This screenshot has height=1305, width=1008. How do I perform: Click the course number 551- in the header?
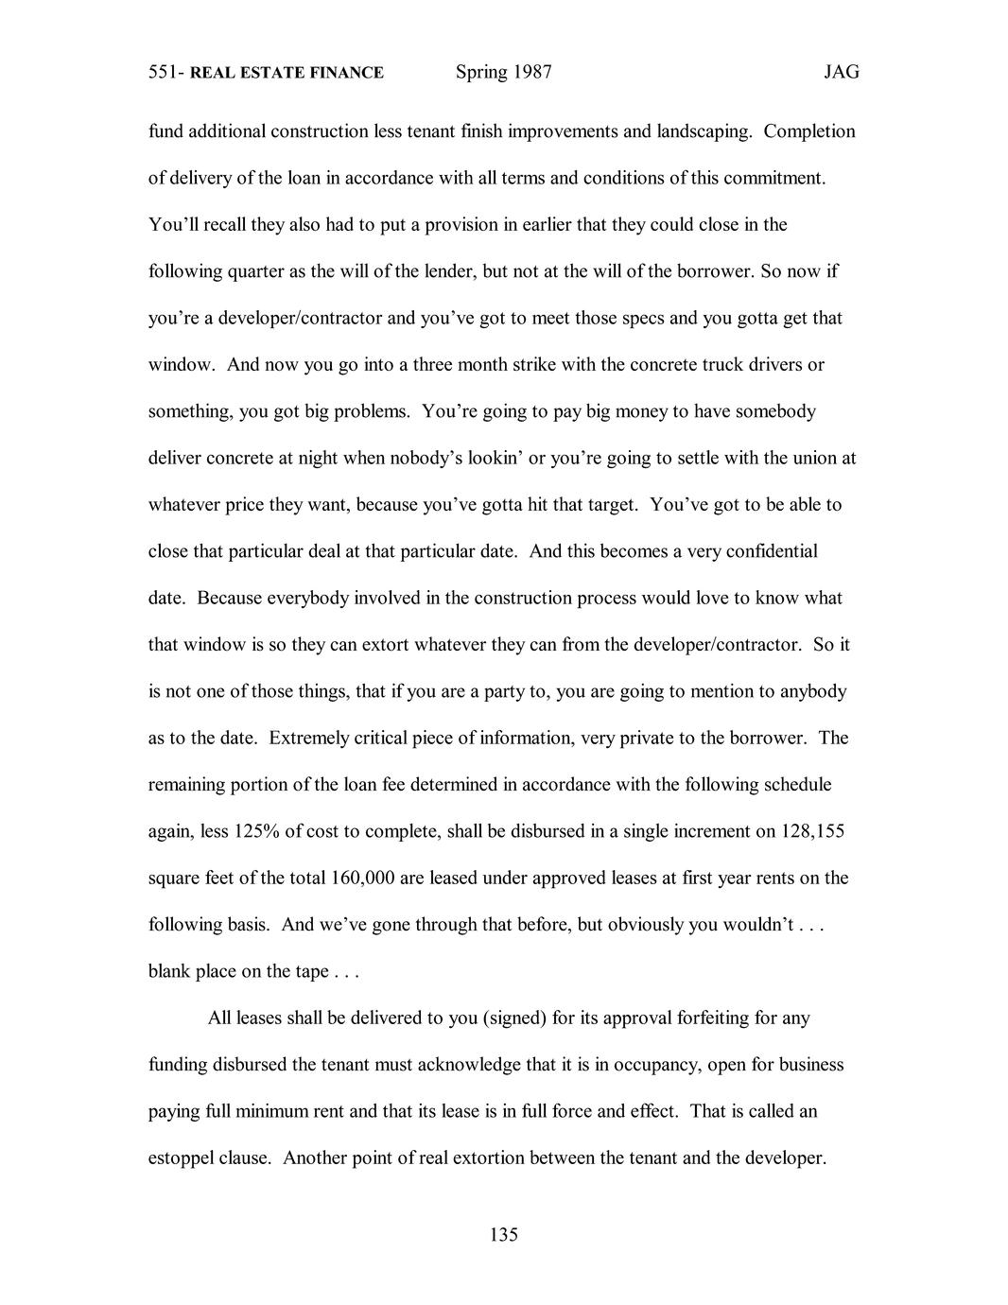tap(166, 73)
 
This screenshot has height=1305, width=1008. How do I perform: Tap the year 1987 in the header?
tap(532, 72)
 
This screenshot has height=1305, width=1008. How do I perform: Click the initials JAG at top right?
tap(842, 72)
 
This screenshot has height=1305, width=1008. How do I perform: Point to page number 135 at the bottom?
tap(504, 1234)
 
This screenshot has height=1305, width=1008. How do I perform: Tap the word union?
tap(811, 459)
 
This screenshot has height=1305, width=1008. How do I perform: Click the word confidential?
tap(772, 551)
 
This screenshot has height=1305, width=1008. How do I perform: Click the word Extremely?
tap(310, 739)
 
